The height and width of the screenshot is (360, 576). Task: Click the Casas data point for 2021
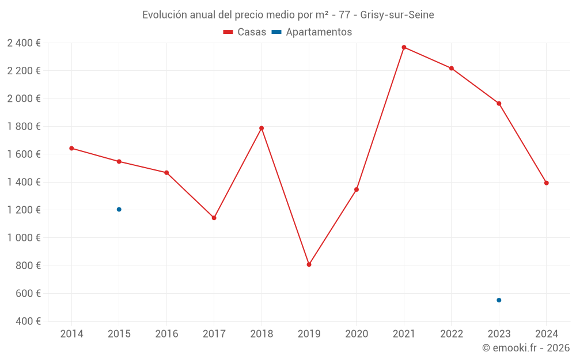coord(404,47)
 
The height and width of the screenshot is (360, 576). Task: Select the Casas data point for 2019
coord(309,264)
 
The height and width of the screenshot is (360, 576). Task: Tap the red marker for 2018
coord(262,128)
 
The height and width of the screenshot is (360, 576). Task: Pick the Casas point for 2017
coord(214,218)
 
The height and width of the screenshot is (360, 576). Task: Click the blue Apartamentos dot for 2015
coord(119,209)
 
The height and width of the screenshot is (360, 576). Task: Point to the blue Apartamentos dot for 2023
coord(499,300)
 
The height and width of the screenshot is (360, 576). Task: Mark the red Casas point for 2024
coord(546,183)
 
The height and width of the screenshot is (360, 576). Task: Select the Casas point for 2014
coord(71,148)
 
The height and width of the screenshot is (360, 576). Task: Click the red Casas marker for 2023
coord(499,104)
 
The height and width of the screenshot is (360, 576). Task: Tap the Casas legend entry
coord(245,32)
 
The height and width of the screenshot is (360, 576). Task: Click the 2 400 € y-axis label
coord(24,43)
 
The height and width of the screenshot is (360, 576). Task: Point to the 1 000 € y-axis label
coord(24,237)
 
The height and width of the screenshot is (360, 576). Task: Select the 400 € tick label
coord(28,321)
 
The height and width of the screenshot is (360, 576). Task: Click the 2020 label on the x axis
coord(357,334)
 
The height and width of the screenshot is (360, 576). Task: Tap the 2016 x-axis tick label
coord(166,334)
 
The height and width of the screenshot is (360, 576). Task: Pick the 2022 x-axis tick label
coord(451,334)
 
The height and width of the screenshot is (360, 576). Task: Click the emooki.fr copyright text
coord(526,348)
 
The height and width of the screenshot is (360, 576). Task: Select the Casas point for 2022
coord(451,69)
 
